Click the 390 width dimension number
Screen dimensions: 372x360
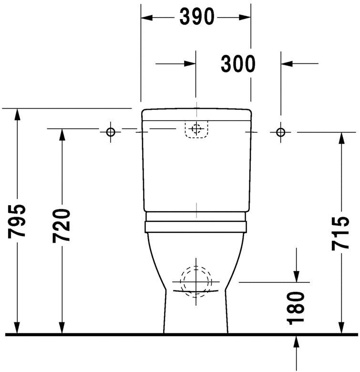pyautogui.click(x=196, y=18)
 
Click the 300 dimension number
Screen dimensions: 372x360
pyautogui.click(x=238, y=63)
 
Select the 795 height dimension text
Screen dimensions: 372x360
pyautogui.click(x=18, y=221)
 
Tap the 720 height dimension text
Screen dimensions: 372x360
pyautogui.click(x=62, y=225)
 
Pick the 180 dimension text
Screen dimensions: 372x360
pyautogui.click(x=296, y=309)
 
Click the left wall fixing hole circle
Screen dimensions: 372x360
pyautogui.click(x=111, y=132)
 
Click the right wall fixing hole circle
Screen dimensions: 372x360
pyautogui.click(x=281, y=132)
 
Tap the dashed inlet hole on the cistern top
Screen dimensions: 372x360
pyautogui.click(x=196, y=129)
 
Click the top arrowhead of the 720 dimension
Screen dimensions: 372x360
pyautogui.click(x=62, y=135)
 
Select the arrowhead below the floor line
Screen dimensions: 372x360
pyautogui.click(x=296, y=341)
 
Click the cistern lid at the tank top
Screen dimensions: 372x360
pyautogui.click(x=196, y=114)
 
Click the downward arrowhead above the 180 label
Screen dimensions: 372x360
pyautogui.click(x=296, y=276)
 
